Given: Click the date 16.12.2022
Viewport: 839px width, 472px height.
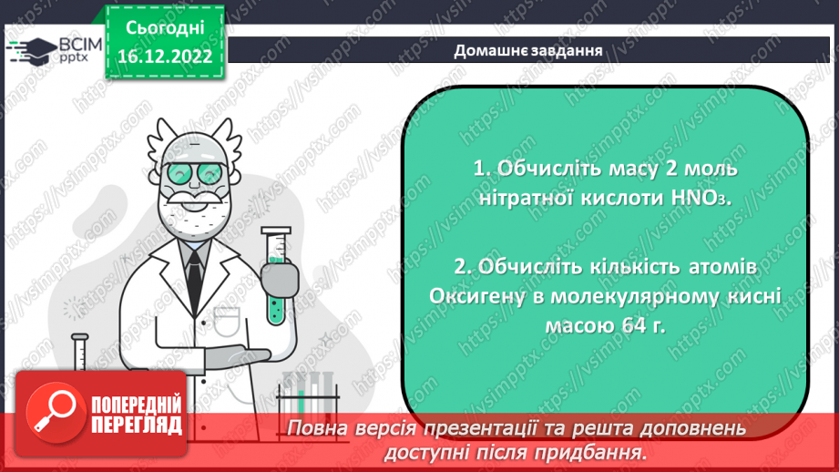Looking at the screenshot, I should coord(164,56).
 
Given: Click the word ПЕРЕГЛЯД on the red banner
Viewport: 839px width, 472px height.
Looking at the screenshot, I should coord(136,424).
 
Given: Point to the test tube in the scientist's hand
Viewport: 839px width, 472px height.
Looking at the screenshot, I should coord(275,273).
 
